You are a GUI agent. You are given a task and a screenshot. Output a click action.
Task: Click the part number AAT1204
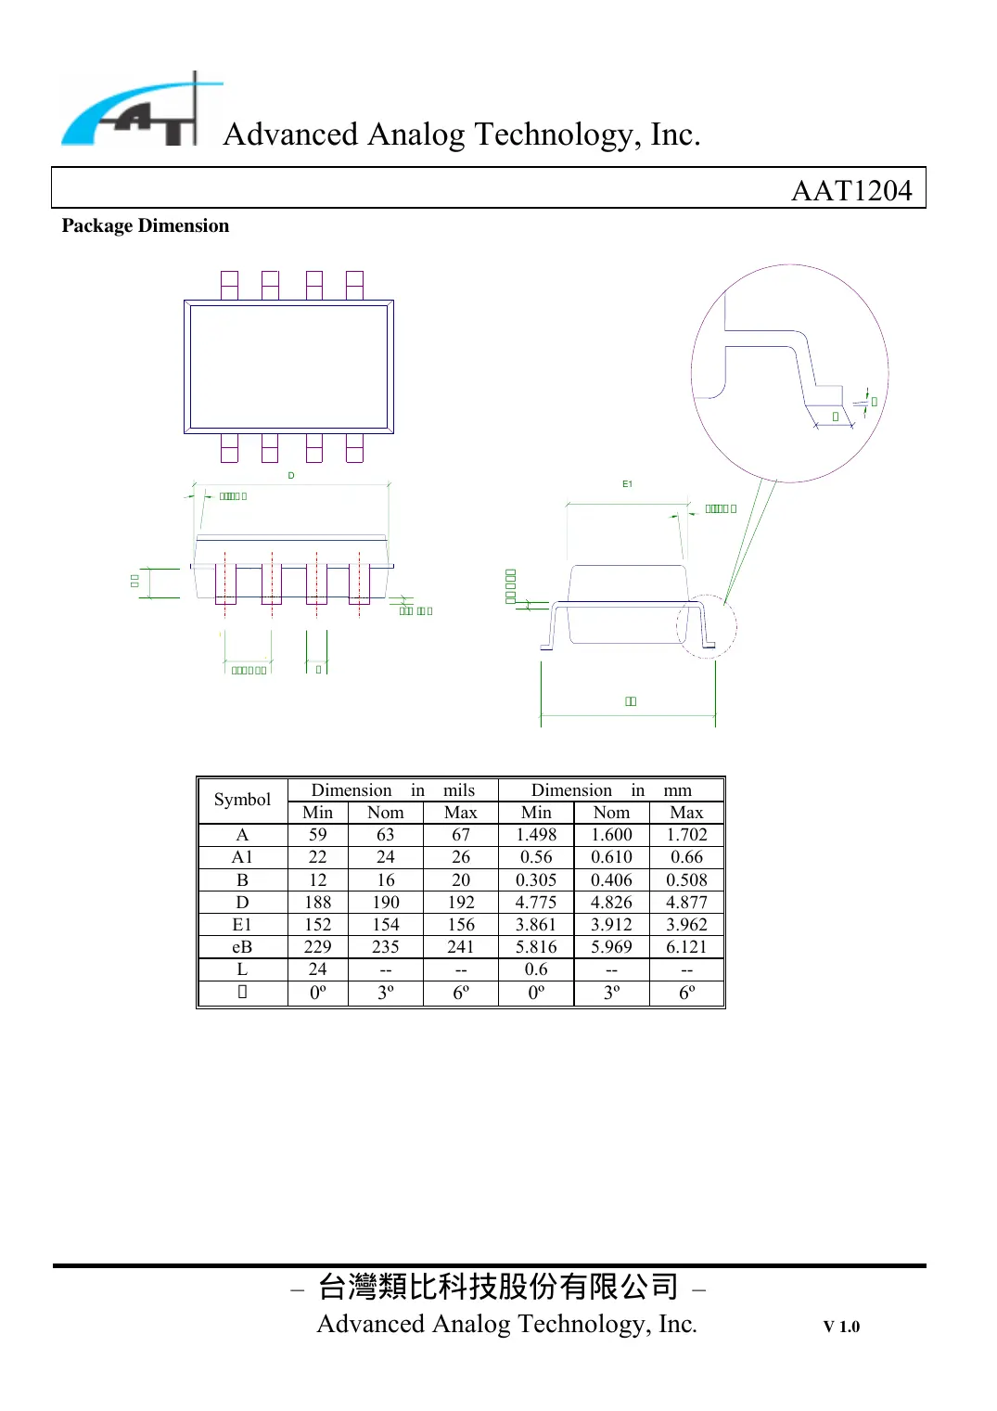850,190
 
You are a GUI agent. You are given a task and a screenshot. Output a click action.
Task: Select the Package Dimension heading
146,226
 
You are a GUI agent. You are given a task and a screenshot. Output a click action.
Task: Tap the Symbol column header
242,800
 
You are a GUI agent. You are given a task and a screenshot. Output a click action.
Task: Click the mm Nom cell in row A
611,835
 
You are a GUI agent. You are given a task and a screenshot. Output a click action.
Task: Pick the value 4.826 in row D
611,903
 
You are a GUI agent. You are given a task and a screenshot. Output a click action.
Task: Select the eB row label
242,947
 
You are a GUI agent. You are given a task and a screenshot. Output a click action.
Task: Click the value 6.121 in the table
686,947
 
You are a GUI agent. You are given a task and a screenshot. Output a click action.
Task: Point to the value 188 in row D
317,903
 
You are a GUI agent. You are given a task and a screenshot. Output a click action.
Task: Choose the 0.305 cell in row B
536,880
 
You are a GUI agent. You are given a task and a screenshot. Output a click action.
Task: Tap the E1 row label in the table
242,925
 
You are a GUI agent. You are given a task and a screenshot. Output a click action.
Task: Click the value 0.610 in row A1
611,857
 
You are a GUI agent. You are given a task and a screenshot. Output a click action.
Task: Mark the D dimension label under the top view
291,475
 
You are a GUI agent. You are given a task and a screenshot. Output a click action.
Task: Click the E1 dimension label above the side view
628,484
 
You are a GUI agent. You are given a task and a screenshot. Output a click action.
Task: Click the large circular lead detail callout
789,373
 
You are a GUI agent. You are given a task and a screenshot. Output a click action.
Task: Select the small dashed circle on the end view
707,626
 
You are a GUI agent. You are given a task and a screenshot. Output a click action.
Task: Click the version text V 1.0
841,1327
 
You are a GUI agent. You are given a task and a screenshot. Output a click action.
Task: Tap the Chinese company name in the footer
498,1287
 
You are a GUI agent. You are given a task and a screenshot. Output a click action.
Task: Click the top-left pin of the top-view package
229,285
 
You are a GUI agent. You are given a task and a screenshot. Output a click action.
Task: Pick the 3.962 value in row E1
686,925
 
